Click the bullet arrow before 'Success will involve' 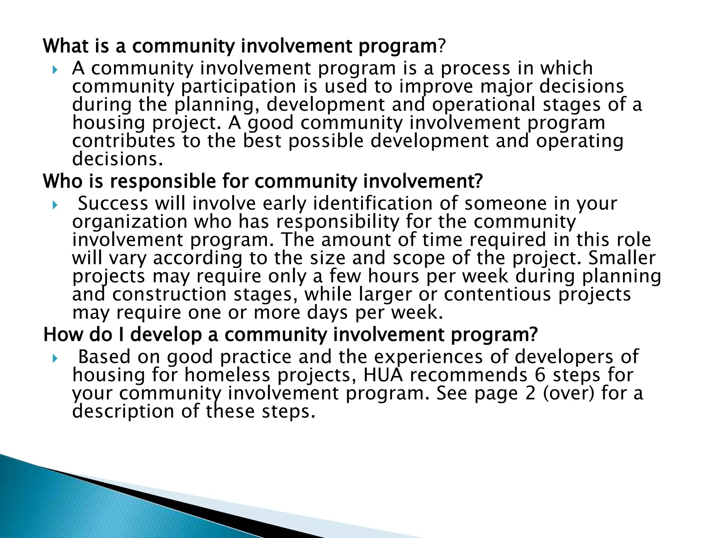[x=54, y=205]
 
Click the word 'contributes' [x=123, y=141]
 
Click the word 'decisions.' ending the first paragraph [x=118, y=159]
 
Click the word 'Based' [x=104, y=357]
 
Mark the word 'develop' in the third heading [x=166, y=335]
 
